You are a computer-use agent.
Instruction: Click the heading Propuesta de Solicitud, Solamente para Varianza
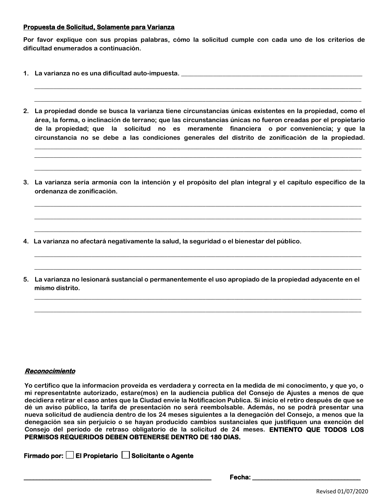coord(99,27)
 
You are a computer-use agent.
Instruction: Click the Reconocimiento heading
coord(50,371)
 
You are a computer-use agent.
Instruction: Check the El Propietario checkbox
coord(70,455)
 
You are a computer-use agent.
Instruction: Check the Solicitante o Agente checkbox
coord(126,455)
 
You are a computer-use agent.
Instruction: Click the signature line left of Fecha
coord(117,477)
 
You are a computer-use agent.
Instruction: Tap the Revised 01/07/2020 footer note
coord(342,492)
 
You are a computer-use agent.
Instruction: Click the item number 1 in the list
coord(26,73)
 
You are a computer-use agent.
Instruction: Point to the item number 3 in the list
coord(26,182)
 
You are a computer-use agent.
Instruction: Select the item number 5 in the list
coord(26,279)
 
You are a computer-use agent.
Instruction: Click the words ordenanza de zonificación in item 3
coord(76,191)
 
